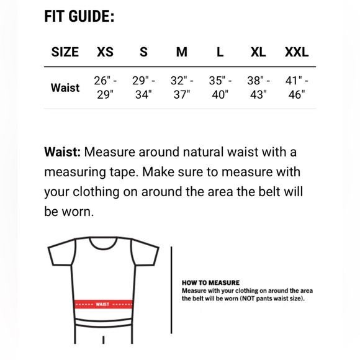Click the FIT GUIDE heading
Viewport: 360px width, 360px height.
pyautogui.click(x=79, y=16)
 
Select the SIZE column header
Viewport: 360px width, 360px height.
pyautogui.click(x=65, y=52)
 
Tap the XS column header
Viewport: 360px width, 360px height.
pyautogui.click(x=105, y=52)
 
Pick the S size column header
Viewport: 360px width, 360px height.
pyautogui.click(x=143, y=52)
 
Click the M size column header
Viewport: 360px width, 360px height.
pyautogui.click(x=181, y=52)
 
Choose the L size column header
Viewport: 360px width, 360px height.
pyautogui.click(x=220, y=52)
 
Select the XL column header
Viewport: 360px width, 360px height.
pyautogui.click(x=258, y=52)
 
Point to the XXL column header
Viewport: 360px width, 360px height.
pyautogui.click(x=297, y=52)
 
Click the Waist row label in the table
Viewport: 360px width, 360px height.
pyautogui.click(x=65, y=88)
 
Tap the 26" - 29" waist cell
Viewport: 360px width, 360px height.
pyautogui.click(x=105, y=88)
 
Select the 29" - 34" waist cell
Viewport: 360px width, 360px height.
pyautogui.click(x=143, y=88)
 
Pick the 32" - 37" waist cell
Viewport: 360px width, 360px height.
pyautogui.click(x=181, y=88)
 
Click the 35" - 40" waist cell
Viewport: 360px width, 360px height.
pyautogui.click(x=220, y=88)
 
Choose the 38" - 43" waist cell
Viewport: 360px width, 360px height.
pyautogui.click(x=258, y=88)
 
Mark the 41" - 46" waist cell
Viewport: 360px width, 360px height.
pyautogui.click(x=297, y=88)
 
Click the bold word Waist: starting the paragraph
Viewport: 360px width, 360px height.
pyautogui.click(x=62, y=152)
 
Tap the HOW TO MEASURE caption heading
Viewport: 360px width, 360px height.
pyautogui.click(x=210, y=282)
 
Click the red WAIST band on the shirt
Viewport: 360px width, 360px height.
pyautogui.click(x=103, y=304)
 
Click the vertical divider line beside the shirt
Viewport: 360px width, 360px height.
pyautogui.click(x=171, y=292)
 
